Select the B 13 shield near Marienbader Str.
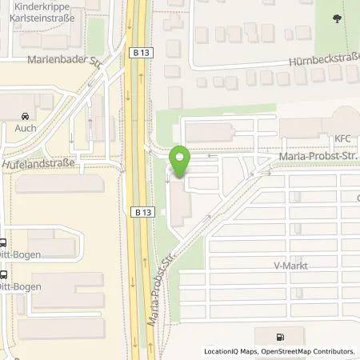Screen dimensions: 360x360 139,51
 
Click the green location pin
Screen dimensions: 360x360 181,160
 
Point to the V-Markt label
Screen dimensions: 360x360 291,265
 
